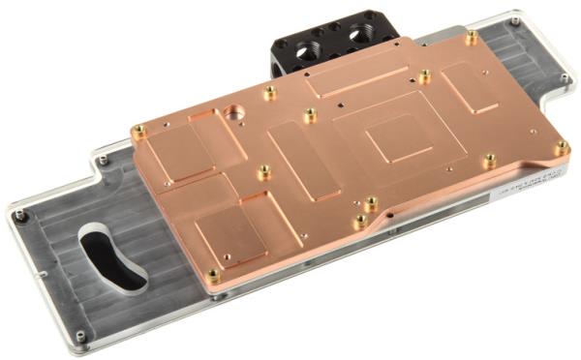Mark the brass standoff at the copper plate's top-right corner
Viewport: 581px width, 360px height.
click(x=471, y=39)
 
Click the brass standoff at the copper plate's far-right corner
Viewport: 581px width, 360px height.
click(x=562, y=147)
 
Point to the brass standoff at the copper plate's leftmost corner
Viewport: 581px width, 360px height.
click(x=139, y=131)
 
